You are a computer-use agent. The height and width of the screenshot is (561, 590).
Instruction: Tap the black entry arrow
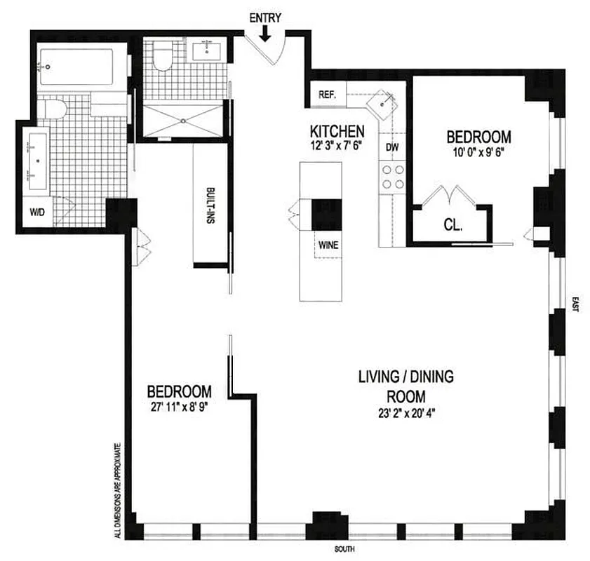coord(266,33)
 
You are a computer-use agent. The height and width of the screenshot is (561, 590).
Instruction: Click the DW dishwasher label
coord(392,148)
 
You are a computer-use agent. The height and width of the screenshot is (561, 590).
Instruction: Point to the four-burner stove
coord(392,177)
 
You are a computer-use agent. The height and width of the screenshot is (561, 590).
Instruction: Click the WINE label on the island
coord(327,245)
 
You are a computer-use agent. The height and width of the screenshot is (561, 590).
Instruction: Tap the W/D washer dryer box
coord(36,213)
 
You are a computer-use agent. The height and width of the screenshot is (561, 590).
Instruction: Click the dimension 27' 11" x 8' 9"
coord(179,406)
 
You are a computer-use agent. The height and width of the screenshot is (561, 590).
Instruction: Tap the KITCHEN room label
coord(337,131)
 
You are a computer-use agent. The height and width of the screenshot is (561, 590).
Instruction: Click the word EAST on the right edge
coord(575,304)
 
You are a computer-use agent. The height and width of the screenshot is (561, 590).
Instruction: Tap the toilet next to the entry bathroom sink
coord(163,56)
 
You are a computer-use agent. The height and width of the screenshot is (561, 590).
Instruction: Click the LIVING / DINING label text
coord(405,377)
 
